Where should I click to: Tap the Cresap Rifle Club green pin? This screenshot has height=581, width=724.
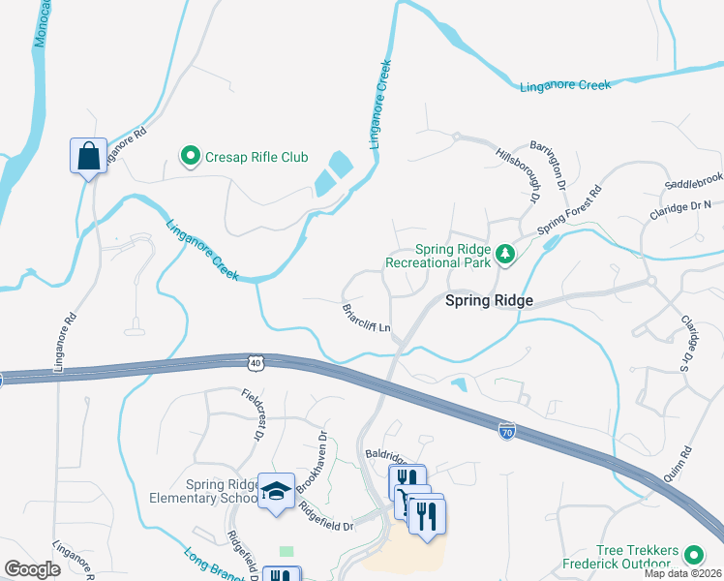click(190, 154)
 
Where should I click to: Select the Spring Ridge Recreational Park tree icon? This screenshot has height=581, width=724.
click(503, 254)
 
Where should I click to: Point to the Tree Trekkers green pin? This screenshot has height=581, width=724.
click(693, 555)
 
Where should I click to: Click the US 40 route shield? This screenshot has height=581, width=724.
click(255, 362)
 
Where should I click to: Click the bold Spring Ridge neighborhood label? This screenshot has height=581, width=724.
click(489, 301)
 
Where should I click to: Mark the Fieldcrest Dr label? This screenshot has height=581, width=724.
click(252, 414)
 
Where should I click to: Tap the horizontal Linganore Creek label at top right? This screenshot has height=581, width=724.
click(566, 85)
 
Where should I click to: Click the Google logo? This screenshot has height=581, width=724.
click(33, 569)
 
